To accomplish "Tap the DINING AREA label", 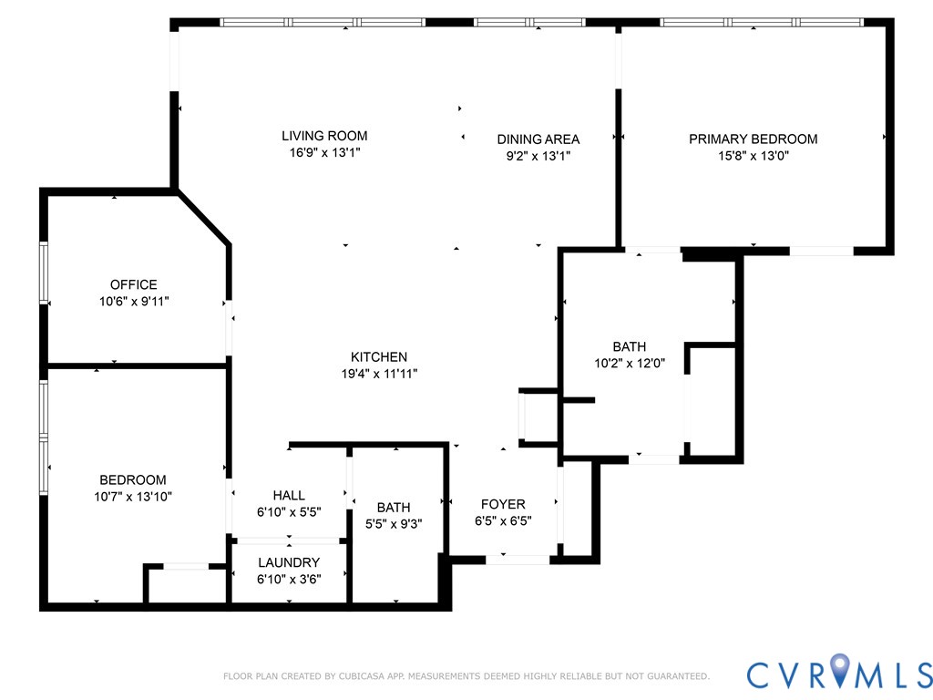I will pyautogui.click(x=538, y=139).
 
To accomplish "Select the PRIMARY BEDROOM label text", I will pyautogui.click(x=753, y=139).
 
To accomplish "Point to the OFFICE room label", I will pyautogui.click(x=134, y=284).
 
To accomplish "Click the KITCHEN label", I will pyautogui.click(x=379, y=356).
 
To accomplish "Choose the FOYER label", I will pyautogui.click(x=503, y=504).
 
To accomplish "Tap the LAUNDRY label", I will pyautogui.click(x=289, y=562).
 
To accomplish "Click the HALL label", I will pyautogui.click(x=289, y=495).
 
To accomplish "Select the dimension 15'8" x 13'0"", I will pyautogui.click(x=753, y=156).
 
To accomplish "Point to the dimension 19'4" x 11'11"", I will pyautogui.click(x=379, y=373).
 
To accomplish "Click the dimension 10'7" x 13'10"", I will pyautogui.click(x=133, y=497).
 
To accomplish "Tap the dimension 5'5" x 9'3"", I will pyautogui.click(x=394, y=524).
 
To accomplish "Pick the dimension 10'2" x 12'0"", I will pyautogui.click(x=629, y=363).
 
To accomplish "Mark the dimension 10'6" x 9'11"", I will pyautogui.click(x=134, y=301).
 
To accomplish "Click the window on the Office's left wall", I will pyautogui.click(x=43, y=272).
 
